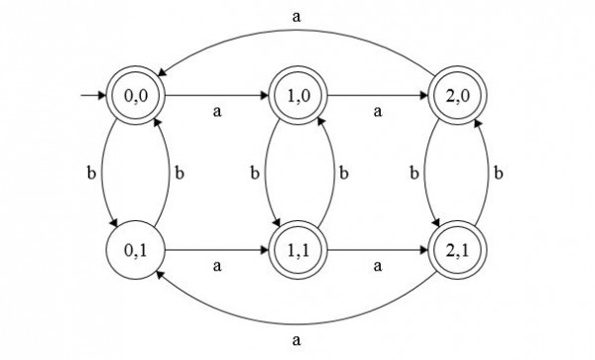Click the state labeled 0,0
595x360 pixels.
139,97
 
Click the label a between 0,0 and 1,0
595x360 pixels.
217,112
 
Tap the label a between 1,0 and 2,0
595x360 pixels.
376,112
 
